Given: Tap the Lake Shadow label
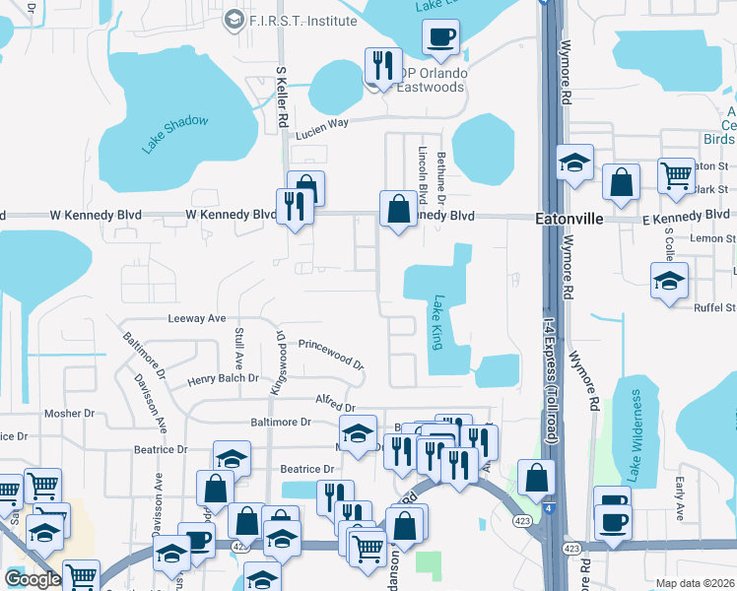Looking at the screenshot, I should [x=175, y=134].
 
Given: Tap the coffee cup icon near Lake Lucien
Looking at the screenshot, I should [x=440, y=36].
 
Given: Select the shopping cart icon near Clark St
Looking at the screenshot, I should [x=677, y=175].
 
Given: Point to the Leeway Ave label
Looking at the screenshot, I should [x=197, y=318].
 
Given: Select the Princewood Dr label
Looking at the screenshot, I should [x=332, y=352].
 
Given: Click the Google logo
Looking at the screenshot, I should [x=32, y=579].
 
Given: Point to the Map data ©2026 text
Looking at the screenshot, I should [x=695, y=583].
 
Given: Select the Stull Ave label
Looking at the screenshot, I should [x=238, y=348].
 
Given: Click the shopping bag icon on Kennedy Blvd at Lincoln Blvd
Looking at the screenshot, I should [x=398, y=209].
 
